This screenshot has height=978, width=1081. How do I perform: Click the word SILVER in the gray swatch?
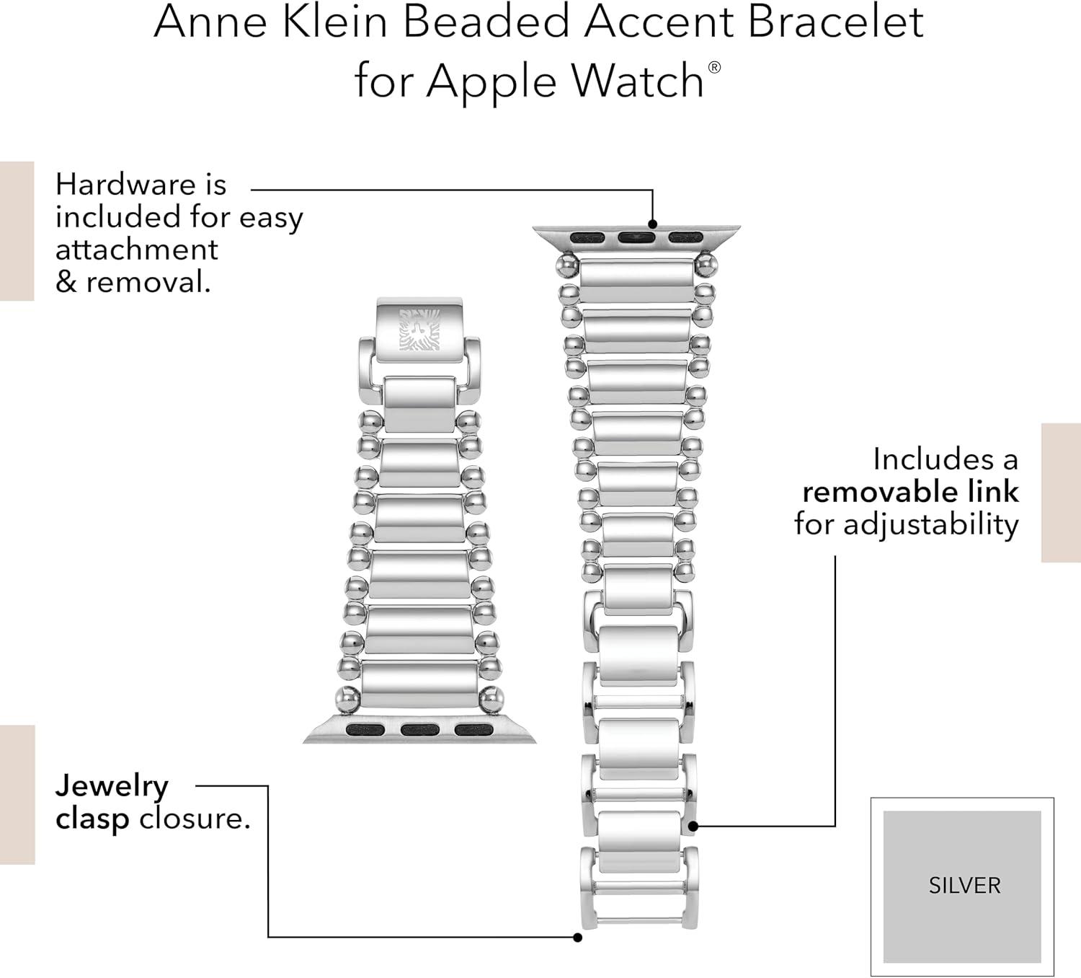click(964, 885)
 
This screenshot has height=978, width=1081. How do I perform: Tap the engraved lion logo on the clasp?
click(419, 330)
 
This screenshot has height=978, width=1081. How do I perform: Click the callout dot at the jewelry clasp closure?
click(578, 938)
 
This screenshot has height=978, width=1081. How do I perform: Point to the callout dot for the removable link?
click(693, 826)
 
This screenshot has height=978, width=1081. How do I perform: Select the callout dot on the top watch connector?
click(653, 224)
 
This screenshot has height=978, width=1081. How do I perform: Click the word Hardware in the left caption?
click(125, 185)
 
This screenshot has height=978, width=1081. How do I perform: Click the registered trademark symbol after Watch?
click(714, 67)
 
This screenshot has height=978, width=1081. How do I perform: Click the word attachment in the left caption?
click(137, 250)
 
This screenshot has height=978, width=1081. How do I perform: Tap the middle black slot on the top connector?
click(636, 237)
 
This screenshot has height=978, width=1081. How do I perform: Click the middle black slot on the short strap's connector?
click(420, 731)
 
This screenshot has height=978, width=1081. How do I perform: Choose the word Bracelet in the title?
click(836, 22)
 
